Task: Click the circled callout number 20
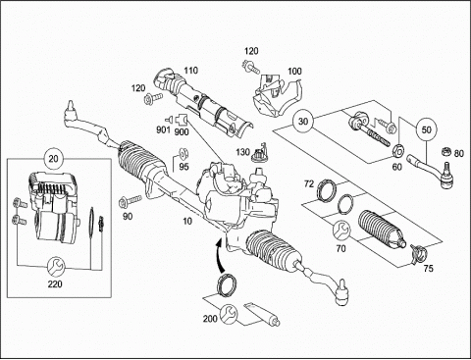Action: point(53,159)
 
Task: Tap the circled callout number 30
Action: point(303,121)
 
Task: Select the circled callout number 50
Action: point(426,129)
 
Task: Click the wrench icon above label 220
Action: point(56,267)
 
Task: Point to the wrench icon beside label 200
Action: point(229,313)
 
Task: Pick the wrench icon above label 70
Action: point(341,230)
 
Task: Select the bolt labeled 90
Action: point(131,200)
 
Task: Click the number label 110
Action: point(190,71)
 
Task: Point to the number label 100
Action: point(294,71)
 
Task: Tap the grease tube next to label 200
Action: point(262,314)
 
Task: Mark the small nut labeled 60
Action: point(398,150)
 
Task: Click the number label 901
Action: point(163,129)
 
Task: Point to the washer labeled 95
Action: point(182,153)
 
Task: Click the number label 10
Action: point(187,222)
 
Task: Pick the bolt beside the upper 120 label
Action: point(251,68)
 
